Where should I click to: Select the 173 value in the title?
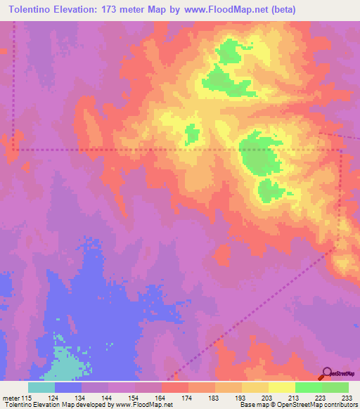coord(123,10)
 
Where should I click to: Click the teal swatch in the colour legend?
coord(41,387)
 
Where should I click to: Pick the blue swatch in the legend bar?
coord(68,387)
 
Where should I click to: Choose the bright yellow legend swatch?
coord(281,387)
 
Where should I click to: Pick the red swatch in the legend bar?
coord(175,387)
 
